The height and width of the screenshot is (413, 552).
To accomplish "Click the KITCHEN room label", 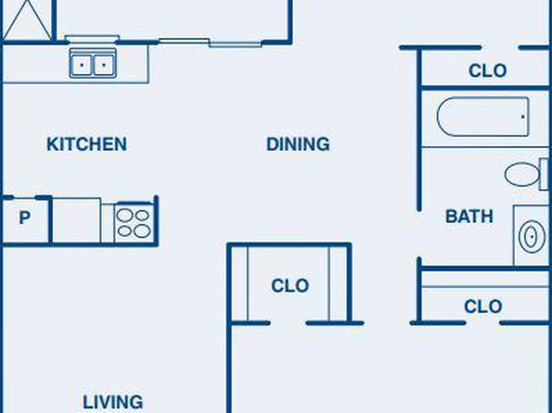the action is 87,144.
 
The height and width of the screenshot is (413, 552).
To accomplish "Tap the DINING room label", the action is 298,144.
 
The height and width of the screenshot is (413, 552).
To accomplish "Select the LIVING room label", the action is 113,403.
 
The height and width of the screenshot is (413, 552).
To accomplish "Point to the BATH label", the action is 470,216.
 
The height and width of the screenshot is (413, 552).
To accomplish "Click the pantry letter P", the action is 24,218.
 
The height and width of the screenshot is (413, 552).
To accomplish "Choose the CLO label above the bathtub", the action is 487,70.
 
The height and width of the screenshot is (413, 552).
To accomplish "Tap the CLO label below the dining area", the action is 290,285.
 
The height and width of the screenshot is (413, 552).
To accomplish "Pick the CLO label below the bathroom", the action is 483,307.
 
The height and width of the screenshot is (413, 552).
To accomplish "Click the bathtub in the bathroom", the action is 483,117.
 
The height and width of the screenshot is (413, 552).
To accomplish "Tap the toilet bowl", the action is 521,174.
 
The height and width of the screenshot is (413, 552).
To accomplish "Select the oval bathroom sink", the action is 532,237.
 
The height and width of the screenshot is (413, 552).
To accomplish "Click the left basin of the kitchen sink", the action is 82,65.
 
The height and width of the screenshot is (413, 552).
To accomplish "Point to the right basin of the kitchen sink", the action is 104,65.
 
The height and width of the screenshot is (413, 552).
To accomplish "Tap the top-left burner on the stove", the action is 125,215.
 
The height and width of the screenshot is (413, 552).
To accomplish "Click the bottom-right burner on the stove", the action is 143,232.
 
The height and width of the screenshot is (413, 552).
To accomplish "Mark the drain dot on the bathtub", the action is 522,117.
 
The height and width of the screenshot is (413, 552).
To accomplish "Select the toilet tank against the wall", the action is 545,174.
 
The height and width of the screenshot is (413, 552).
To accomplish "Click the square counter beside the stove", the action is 76,220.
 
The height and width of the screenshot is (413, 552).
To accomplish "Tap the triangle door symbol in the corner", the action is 27,19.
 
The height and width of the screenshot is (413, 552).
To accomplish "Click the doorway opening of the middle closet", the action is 288,323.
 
